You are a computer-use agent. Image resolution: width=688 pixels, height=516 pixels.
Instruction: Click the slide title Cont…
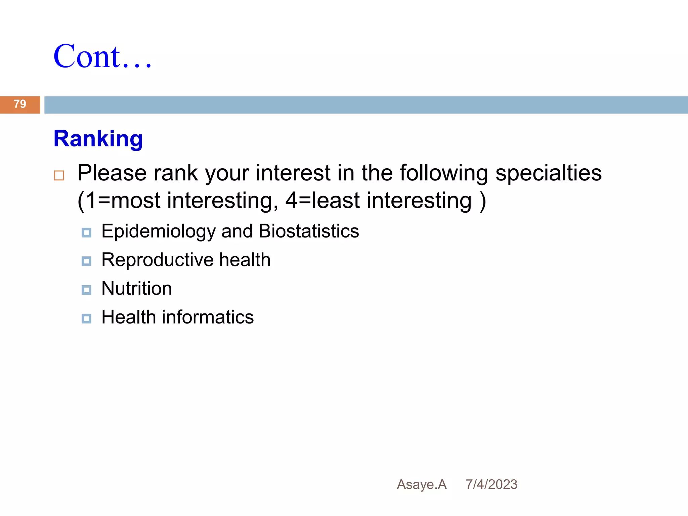pyautogui.click(x=102, y=56)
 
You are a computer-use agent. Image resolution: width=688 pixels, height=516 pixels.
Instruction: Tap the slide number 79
pyautogui.click(x=20, y=104)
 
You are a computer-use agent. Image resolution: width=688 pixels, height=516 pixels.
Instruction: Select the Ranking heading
pyautogui.click(x=98, y=139)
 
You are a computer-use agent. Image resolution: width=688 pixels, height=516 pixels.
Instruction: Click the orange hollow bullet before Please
pyautogui.click(x=59, y=175)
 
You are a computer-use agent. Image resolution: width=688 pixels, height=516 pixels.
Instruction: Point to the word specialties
pyautogui.click(x=549, y=173)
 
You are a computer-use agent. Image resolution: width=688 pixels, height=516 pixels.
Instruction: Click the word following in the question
pyautogui.click(x=444, y=173)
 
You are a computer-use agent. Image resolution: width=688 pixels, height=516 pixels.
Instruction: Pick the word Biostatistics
pyautogui.click(x=309, y=231)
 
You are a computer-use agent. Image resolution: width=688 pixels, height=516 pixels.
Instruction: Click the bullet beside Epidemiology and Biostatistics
pyautogui.click(x=86, y=232)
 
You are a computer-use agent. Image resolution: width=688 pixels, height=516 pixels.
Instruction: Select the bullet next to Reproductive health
pyautogui.click(x=86, y=261)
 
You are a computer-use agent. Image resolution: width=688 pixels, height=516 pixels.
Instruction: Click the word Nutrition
pyautogui.click(x=137, y=289)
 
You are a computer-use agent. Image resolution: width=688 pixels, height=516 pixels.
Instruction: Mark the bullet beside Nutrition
pyautogui.click(x=86, y=290)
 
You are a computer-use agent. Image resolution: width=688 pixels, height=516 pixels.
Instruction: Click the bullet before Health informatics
pyautogui.click(x=86, y=318)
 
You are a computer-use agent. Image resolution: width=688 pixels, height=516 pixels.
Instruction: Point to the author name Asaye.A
pyautogui.click(x=422, y=484)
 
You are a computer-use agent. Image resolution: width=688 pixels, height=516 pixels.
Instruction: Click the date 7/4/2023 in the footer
pyautogui.click(x=491, y=484)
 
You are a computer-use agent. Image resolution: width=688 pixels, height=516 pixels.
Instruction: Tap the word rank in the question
pyautogui.click(x=175, y=173)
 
